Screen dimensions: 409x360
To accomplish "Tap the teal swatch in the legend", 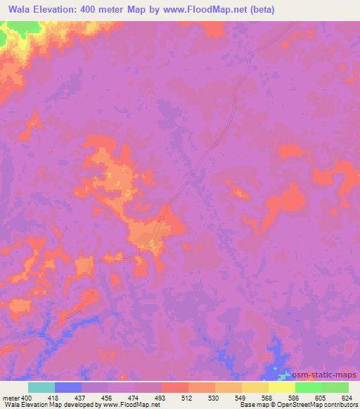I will click(41, 387).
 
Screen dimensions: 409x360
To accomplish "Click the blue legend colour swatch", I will click(68, 387).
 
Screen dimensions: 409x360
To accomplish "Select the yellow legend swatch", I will click(281, 387).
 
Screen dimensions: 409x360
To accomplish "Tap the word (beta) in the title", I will click(257, 10).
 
